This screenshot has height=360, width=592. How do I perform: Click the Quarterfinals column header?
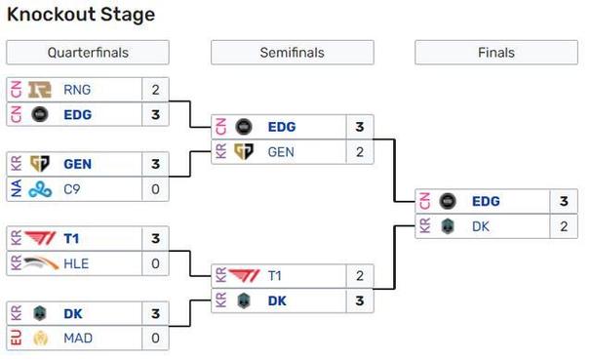pyautogui.click(x=88, y=53)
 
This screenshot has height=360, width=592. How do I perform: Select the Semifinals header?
pyautogui.click(x=293, y=53)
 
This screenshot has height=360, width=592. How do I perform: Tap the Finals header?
pyautogui.click(x=496, y=53)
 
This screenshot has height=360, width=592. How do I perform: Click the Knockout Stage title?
pyautogui.click(x=81, y=15)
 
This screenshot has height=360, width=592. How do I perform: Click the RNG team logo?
pyautogui.click(x=40, y=90)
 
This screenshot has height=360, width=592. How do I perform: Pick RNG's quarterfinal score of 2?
pyautogui.click(x=155, y=90)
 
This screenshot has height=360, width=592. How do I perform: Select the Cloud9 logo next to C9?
pyautogui.click(x=40, y=189)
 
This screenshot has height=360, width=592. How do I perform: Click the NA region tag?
pyautogui.click(x=17, y=188)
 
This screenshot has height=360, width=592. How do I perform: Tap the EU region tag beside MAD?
pyautogui.click(x=17, y=338)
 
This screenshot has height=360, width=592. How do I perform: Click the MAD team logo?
pyautogui.click(x=40, y=339)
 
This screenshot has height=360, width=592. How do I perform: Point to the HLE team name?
pyautogui.click(x=76, y=263)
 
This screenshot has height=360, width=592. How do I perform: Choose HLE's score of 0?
pyautogui.click(x=155, y=263)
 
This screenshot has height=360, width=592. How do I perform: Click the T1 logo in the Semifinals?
pyautogui.click(x=244, y=276)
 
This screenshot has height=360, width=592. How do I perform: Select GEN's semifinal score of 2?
pyautogui.click(x=360, y=152)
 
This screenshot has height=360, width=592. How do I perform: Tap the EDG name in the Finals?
pyautogui.click(x=486, y=201)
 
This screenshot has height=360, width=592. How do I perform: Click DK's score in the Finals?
pyautogui.click(x=564, y=226)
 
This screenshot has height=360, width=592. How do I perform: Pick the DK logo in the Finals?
pyautogui.click(x=448, y=226)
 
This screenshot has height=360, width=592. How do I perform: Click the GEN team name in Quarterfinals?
pyautogui.click(x=77, y=164)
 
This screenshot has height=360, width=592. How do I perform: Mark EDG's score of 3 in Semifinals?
pyautogui.click(x=360, y=127)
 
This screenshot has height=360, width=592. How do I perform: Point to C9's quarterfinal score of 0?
pyautogui.click(x=155, y=189)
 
